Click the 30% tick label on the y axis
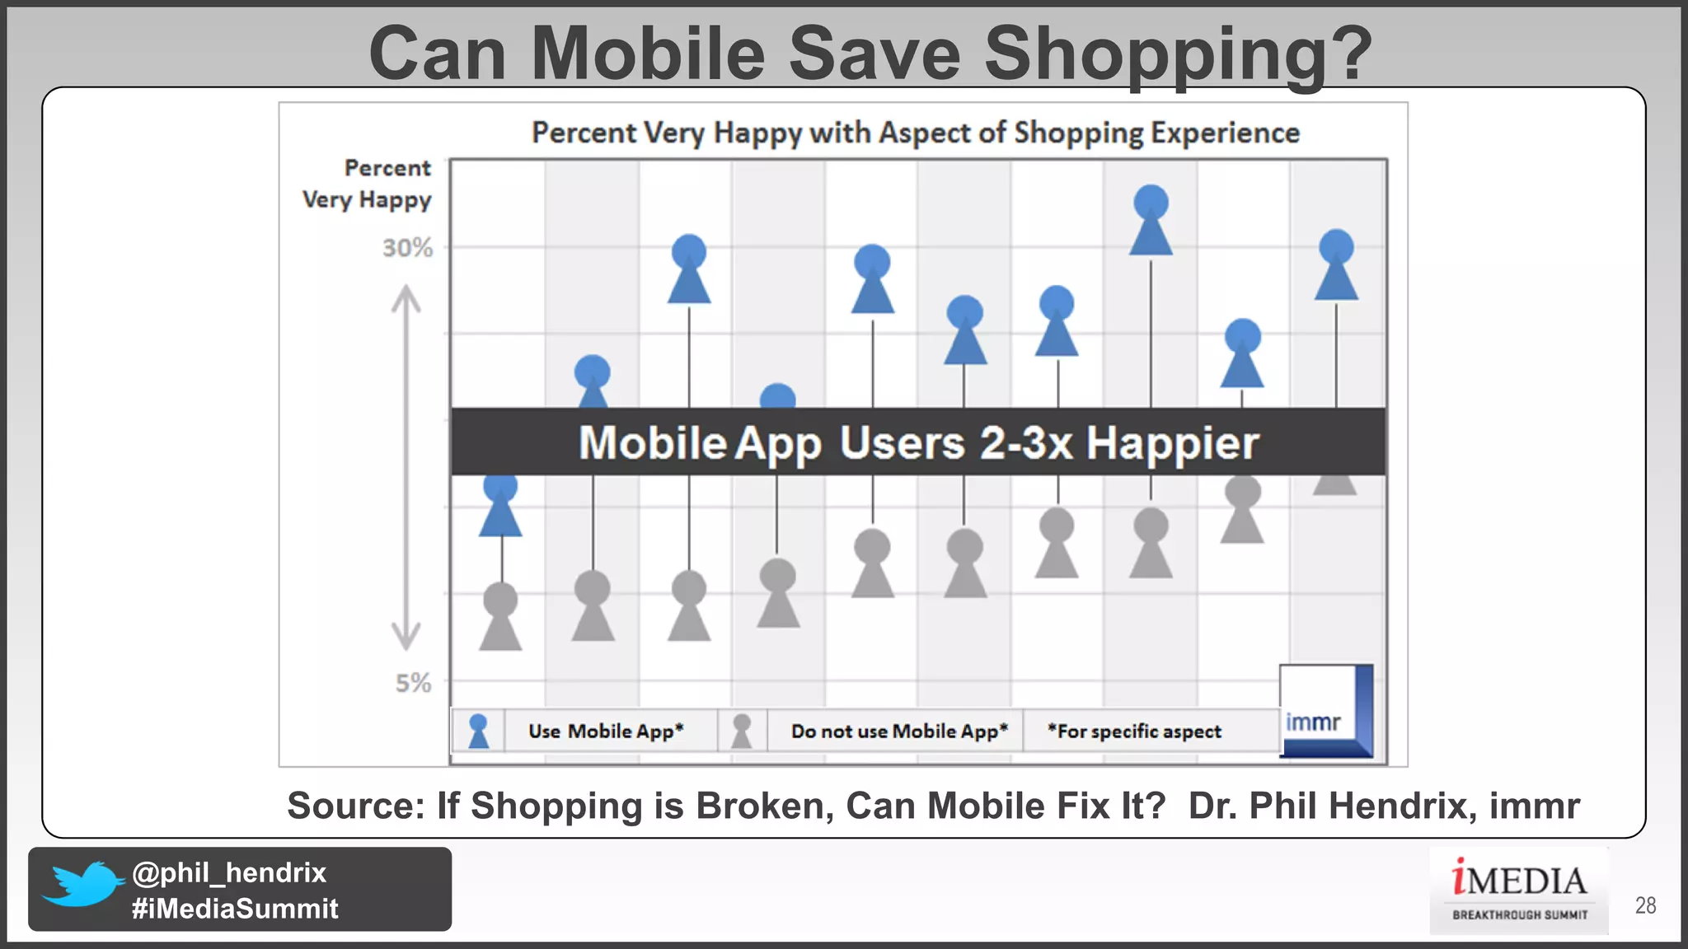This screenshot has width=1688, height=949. click(407, 248)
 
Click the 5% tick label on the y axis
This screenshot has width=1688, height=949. click(413, 683)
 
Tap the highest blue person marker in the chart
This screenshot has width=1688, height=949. click(1151, 220)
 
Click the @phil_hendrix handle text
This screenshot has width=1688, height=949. click(229, 872)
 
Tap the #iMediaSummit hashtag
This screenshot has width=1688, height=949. click(235, 909)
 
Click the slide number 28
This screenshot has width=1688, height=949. click(1645, 905)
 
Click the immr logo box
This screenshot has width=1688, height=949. click(1325, 711)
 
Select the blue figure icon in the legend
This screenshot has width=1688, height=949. click(478, 731)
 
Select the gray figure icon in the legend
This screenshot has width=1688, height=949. click(742, 731)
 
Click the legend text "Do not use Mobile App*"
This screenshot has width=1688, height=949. click(898, 732)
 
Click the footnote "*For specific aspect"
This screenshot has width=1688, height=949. click(1134, 732)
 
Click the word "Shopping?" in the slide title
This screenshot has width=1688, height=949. click(1178, 54)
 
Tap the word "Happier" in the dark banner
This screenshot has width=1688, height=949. click(1172, 443)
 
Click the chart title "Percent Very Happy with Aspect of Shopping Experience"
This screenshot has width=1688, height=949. click(915, 133)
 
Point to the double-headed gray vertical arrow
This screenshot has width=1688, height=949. click(406, 467)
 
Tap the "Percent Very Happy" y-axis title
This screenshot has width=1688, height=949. click(368, 184)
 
